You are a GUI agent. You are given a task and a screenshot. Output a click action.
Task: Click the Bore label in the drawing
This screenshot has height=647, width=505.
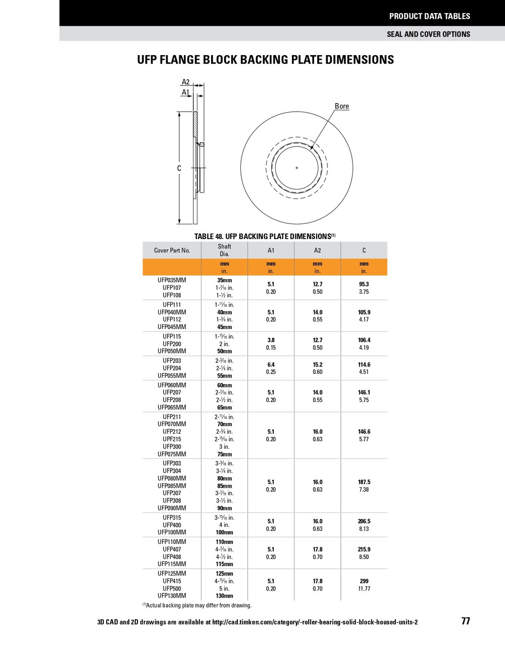pyautogui.click(x=341, y=106)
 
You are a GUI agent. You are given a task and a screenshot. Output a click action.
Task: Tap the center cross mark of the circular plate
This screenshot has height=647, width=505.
pyautogui.click(x=297, y=168)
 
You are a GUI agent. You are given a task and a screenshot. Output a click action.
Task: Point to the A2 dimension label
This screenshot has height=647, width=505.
pyautogui.click(x=185, y=82)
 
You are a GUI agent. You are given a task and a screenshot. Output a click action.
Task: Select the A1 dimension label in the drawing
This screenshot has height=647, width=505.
pyautogui.click(x=185, y=93)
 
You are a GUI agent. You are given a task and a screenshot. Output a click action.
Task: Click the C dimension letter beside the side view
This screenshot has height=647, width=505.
pyautogui.click(x=179, y=168)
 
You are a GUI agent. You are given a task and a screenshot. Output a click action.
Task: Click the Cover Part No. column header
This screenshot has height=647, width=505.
pyautogui.click(x=172, y=250)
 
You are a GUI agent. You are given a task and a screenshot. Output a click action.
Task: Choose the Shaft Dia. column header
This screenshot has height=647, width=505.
pyautogui.click(x=224, y=250)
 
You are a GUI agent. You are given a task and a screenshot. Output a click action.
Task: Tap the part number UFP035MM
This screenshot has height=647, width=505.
pyautogui.click(x=172, y=280)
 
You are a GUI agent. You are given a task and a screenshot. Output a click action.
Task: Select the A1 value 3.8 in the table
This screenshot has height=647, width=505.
pyautogui.click(x=271, y=340)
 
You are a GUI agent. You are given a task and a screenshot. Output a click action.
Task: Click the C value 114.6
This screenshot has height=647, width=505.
pyautogui.click(x=364, y=364)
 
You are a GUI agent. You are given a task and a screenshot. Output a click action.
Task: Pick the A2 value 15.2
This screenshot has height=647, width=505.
pyautogui.click(x=318, y=364)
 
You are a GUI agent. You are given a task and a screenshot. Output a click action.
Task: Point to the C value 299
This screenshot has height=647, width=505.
pyautogui.click(x=364, y=581)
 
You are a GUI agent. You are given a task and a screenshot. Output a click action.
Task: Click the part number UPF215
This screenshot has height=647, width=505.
pyautogui.click(x=172, y=439)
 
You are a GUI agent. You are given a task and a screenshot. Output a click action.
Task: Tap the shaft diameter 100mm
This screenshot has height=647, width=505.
pyautogui.click(x=224, y=532)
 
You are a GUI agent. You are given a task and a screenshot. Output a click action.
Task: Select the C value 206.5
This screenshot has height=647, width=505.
pyautogui.click(x=364, y=521)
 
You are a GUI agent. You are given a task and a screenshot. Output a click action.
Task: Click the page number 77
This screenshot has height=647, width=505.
pyautogui.click(x=465, y=621)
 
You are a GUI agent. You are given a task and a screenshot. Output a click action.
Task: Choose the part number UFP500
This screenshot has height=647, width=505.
pyautogui.click(x=172, y=588)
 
